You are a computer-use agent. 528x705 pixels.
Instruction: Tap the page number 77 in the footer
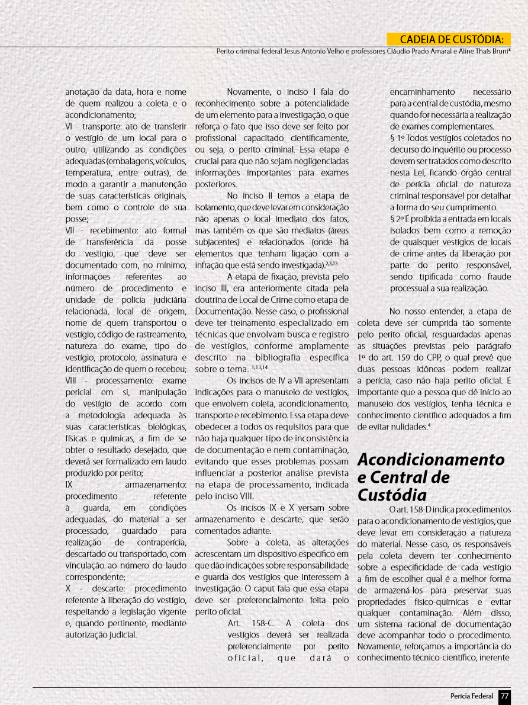(x=504, y=696)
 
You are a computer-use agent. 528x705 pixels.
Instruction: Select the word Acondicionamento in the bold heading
(x=431, y=460)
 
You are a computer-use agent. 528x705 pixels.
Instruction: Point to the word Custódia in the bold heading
(x=392, y=494)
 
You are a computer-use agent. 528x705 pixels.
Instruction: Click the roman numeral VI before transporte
(x=69, y=126)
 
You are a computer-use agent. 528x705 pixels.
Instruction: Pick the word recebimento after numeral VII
(x=106, y=230)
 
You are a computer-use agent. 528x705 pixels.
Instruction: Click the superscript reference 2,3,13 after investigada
(x=332, y=262)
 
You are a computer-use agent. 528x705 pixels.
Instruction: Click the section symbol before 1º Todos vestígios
(x=392, y=138)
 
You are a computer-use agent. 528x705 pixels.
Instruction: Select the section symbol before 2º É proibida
(x=392, y=219)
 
